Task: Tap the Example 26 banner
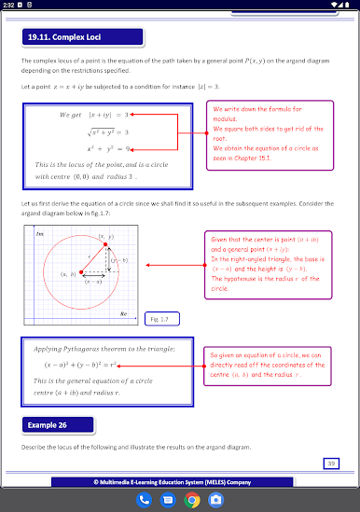click(52, 425)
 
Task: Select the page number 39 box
click(331, 463)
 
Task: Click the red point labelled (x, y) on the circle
click(117, 243)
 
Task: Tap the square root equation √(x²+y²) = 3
click(107, 131)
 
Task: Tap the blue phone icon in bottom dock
click(144, 499)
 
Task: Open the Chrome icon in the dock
click(192, 499)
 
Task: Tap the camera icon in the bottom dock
click(215, 499)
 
